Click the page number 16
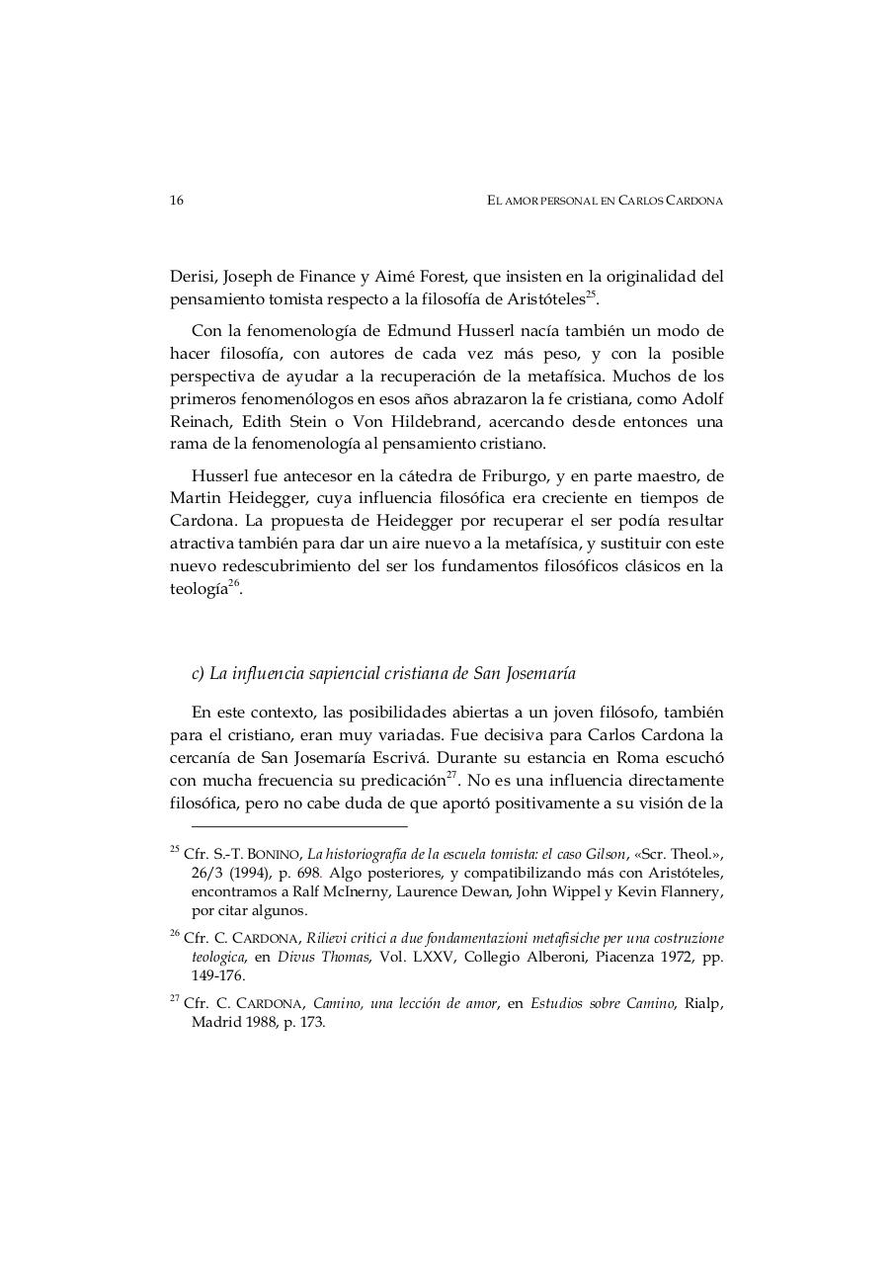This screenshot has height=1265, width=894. pyautogui.click(x=177, y=200)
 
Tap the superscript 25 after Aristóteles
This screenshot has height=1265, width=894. pyautogui.click(x=591, y=295)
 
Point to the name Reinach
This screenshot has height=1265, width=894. pyautogui.click(x=199, y=421)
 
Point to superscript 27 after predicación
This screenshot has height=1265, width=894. pyautogui.click(x=451, y=775)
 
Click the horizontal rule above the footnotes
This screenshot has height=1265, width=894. pyautogui.click(x=299, y=825)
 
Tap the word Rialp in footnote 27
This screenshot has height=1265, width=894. pyautogui.click(x=703, y=1004)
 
